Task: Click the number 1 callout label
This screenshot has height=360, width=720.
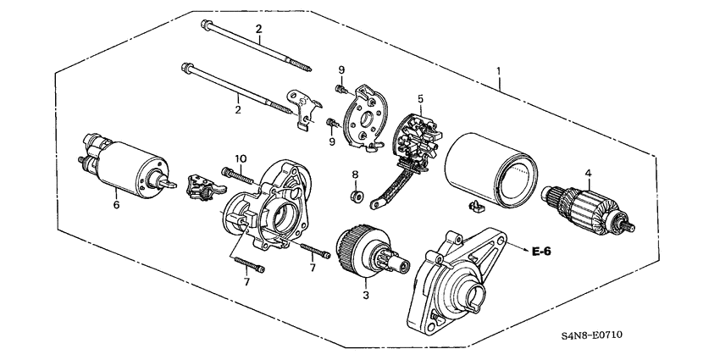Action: [500, 71]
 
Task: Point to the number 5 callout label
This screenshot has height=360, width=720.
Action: [421, 99]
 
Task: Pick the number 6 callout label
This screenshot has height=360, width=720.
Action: [118, 204]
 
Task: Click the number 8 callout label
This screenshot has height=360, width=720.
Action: [356, 176]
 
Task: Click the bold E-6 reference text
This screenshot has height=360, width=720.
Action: [542, 251]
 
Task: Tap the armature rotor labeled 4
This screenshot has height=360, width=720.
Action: [584, 212]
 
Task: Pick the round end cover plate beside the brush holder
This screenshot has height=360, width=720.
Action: [365, 119]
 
